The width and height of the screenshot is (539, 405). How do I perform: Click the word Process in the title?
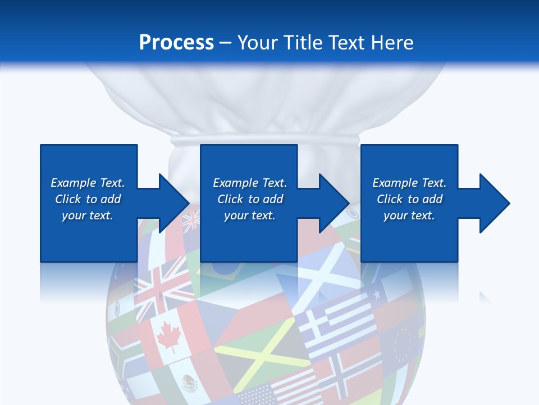tap(176, 42)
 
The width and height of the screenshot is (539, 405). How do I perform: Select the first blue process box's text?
tap(88, 199)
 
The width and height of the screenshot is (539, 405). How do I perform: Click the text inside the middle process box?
tap(250, 199)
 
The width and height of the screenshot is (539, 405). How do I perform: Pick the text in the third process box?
tap(409, 199)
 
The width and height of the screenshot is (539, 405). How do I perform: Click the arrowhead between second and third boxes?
tap(332, 203)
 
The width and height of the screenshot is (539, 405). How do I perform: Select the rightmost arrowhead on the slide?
tap(492, 203)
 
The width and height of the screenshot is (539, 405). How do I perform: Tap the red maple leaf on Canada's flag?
tap(167, 337)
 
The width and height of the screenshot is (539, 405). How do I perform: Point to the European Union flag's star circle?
tap(403, 344)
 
